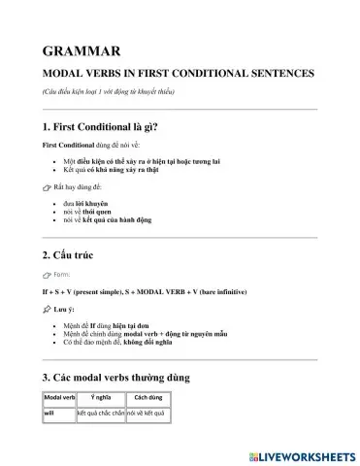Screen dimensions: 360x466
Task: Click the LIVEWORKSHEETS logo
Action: (x=301, y=453)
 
